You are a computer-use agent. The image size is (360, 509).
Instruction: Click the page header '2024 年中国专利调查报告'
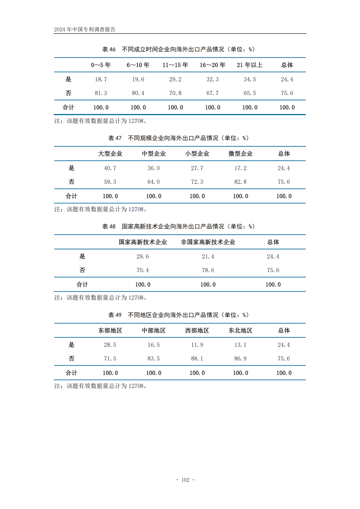tap(85, 29)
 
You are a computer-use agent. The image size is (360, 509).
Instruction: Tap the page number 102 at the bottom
tap(185, 480)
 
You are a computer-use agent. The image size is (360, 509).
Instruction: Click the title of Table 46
tap(178, 49)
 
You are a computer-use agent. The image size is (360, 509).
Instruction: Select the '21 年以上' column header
tap(250, 65)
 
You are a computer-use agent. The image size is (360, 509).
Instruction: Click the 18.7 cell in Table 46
tap(101, 79)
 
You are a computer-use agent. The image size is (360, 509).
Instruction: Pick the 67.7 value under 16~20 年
tap(212, 93)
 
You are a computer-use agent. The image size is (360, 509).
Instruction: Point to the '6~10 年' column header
tap(138, 65)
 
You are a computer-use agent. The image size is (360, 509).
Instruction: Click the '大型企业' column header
tap(110, 154)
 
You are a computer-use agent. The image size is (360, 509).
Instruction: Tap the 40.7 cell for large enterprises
tap(110, 168)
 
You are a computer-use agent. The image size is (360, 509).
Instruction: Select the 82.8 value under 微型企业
tap(240, 182)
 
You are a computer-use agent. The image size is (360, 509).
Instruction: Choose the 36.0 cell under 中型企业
tap(154, 168)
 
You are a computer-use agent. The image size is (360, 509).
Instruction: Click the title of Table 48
tap(178, 226)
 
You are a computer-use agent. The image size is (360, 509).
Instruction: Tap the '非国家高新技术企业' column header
tap(208, 242)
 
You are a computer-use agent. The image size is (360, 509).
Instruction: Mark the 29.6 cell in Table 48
tap(143, 256)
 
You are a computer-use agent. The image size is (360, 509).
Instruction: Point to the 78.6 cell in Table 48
tap(208, 270)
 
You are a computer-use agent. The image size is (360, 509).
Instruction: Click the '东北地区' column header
tap(240, 330)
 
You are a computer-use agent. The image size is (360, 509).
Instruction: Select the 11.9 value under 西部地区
tap(197, 345)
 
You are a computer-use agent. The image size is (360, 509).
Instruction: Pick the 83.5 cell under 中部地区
tap(154, 358)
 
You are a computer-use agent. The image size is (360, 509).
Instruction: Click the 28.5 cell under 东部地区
tap(110, 345)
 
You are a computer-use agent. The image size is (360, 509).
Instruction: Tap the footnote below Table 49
tap(101, 386)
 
